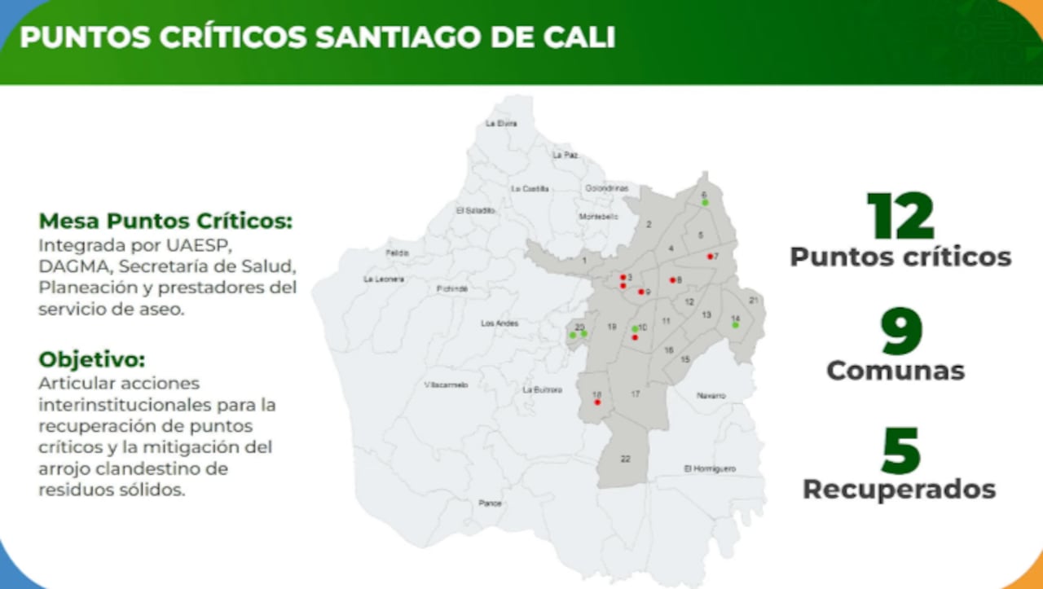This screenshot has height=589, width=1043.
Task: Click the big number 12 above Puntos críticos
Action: [x=900, y=217]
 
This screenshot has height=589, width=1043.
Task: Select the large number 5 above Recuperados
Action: [x=900, y=451]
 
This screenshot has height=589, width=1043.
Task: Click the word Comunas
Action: [x=896, y=371]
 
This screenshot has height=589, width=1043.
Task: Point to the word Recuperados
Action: [x=899, y=489]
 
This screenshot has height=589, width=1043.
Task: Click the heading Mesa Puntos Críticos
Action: [x=165, y=221]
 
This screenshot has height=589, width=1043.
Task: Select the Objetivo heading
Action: [x=92, y=359]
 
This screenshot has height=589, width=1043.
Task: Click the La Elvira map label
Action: [x=501, y=124]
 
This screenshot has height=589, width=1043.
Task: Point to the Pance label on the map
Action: [x=491, y=503]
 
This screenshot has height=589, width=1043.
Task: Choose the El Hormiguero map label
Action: [x=710, y=468]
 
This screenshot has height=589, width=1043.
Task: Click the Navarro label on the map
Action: [x=711, y=395]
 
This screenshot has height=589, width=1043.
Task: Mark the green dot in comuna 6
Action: [x=706, y=203]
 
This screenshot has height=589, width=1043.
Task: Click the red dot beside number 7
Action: [x=710, y=257]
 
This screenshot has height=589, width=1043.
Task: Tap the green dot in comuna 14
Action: [x=735, y=325]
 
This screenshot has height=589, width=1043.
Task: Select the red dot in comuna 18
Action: [x=597, y=402]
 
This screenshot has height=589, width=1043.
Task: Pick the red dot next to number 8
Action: [x=672, y=280]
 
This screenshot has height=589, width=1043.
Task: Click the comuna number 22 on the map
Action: [x=626, y=459]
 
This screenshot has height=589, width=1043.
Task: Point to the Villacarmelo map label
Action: [x=446, y=385]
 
